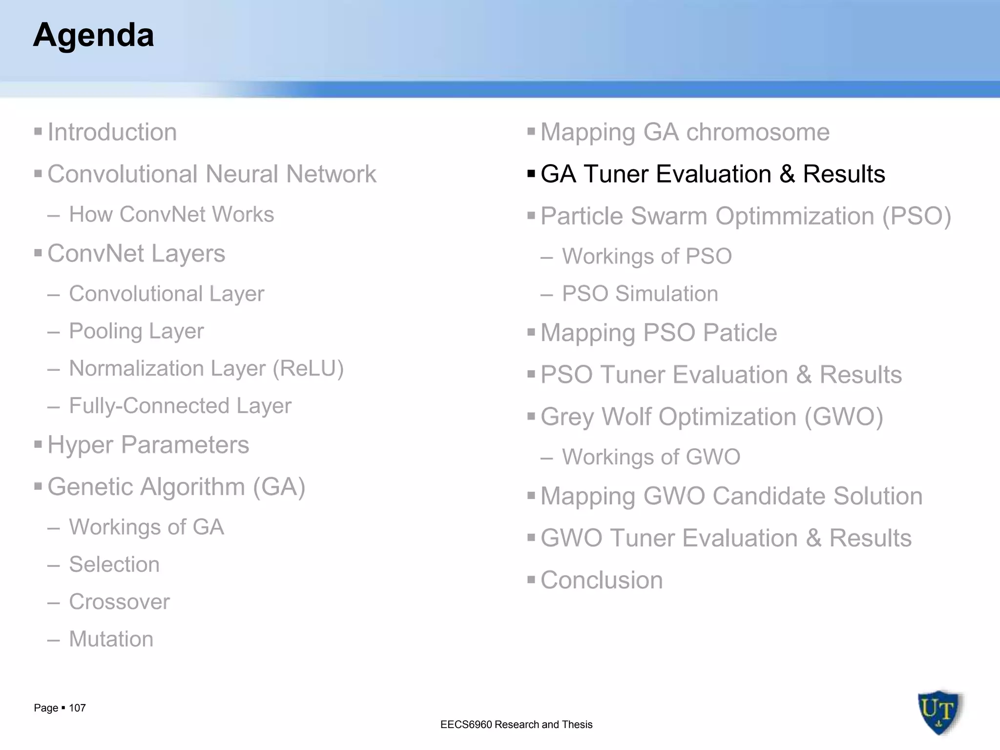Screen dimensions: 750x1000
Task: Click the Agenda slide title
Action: click(93, 35)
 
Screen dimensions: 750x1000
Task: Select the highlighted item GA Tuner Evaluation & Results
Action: click(712, 174)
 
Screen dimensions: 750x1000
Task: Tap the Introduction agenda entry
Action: click(112, 132)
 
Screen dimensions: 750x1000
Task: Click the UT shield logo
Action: click(938, 712)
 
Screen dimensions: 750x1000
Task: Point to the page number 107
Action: click(77, 708)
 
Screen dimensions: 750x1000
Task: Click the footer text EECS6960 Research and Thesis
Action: click(516, 725)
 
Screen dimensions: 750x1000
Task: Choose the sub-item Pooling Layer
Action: click(136, 331)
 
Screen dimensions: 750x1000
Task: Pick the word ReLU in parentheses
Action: click(308, 369)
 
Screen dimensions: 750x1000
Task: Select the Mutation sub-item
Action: click(111, 639)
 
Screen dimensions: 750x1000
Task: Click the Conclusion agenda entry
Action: click(601, 580)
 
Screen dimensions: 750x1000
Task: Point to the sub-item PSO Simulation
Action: click(640, 294)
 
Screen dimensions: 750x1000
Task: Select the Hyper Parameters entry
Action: click(148, 445)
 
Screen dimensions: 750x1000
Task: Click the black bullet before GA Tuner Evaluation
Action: click(531, 173)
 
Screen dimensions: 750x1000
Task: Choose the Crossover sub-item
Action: click(119, 602)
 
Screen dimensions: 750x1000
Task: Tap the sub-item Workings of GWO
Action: click(651, 457)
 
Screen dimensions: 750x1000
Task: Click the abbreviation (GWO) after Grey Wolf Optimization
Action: click(843, 417)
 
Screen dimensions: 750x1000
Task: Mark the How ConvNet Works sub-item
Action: click(171, 214)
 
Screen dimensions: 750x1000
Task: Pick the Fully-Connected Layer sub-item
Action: click(180, 406)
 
